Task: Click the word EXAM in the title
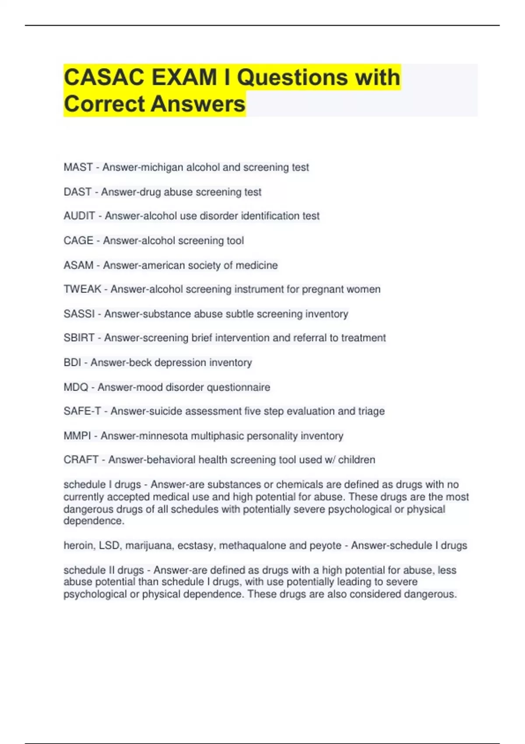pyautogui.click(x=184, y=77)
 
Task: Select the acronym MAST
pyautogui.click(x=78, y=167)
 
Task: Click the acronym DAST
pyautogui.click(x=77, y=192)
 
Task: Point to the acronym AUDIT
pyautogui.click(x=79, y=216)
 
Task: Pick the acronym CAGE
pyautogui.click(x=78, y=240)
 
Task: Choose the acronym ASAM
pyautogui.click(x=78, y=265)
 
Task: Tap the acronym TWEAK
pyautogui.click(x=82, y=289)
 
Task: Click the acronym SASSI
pyautogui.click(x=79, y=314)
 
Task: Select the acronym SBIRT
pyautogui.click(x=79, y=338)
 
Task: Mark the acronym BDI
pyautogui.click(x=72, y=362)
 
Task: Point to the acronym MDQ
pyautogui.click(x=76, y=387)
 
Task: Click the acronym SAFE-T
pyautogui.click(x=82, y=411)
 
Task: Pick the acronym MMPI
pyautogui.click(x=77, y=436)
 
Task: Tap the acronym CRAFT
pyautogui.click(x=81, y=460)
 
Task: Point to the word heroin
pyautogui.click(x=78, y=546)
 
